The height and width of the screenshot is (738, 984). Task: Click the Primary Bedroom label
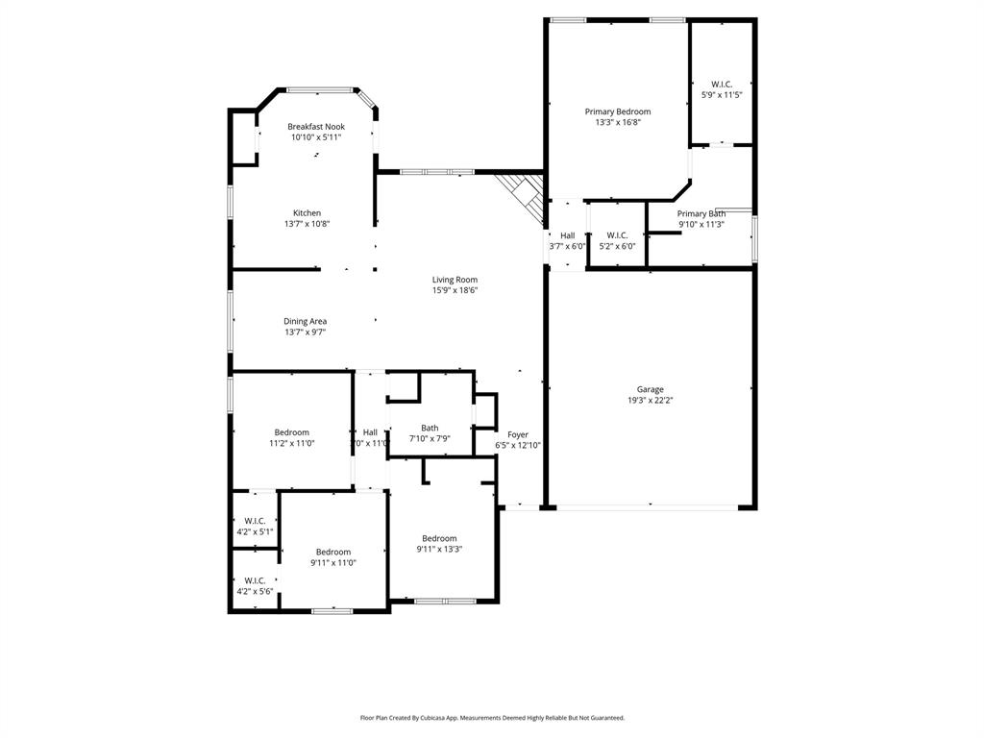click(x=618, y=111)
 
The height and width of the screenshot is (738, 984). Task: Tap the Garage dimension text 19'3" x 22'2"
click(x=650, y=401)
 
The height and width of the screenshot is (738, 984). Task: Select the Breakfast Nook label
click(x=316, y=127)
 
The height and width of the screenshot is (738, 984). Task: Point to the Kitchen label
click(x=307, y=213)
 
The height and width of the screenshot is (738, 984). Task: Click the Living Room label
click(x=455, y=280)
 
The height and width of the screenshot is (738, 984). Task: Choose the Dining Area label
click(x=305, y=321)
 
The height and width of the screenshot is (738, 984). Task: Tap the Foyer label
click(x=518, y=434)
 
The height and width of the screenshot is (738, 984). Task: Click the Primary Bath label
click(x=701, y=213)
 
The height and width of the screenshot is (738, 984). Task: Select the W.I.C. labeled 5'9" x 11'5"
click(x=722, y=85)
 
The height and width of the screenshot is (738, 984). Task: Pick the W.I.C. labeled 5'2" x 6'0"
click(x=617, y=235)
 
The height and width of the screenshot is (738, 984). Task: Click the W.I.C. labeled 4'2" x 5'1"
click(x=255, y=521)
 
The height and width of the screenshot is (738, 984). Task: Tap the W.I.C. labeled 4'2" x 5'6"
click(x=255, y=580)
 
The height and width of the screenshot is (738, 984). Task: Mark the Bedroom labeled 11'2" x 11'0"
click(x=291, y=432)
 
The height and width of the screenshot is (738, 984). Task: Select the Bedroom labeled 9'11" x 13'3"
click(x=439, y=538)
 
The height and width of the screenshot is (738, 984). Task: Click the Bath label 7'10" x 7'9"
click(x=429, y=429)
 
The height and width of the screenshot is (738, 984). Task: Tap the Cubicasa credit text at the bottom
click(x=492, y=717)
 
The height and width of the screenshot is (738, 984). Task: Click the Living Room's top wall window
click(x=436, y=172)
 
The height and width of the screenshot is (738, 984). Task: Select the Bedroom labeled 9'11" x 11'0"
click(x=333, y=552)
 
